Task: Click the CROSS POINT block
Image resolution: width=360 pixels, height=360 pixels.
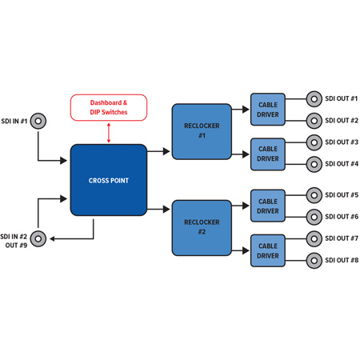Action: point(109,180)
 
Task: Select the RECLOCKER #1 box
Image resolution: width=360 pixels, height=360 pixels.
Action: point(202,132)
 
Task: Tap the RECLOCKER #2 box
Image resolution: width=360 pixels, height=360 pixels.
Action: point(202,228)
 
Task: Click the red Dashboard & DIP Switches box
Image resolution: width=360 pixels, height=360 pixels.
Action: point(109,107)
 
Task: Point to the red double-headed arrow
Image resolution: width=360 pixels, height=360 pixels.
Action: point(109,133)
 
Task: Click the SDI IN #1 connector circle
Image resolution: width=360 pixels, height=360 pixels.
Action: point(38,121)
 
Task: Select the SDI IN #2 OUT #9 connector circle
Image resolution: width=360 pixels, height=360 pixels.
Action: point(38,238)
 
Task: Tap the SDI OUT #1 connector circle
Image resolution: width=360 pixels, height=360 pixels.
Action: point(314,99)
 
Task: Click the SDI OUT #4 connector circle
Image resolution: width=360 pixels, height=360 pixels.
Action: point(314,164)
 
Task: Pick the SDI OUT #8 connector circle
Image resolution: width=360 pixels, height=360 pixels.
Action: point(314,261)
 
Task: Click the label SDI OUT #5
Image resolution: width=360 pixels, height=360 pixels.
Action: point(342,195)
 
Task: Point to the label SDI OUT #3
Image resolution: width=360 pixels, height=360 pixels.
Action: point(342,142)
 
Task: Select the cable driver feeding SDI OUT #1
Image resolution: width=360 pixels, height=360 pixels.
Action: point(268,110)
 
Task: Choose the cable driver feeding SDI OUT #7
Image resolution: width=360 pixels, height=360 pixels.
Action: point(268,250)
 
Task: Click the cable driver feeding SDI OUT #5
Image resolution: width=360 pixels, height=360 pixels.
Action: point(268,206)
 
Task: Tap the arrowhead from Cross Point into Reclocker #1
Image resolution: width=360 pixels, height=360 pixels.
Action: point(166,151)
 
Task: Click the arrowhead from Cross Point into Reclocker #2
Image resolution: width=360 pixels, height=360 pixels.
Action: point(166,209)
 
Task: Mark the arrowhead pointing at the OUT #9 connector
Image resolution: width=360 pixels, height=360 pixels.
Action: point(52,238)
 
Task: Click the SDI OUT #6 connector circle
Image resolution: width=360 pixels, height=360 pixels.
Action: point(314,217)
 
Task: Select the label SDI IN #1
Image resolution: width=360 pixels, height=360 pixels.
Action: point(14,121)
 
